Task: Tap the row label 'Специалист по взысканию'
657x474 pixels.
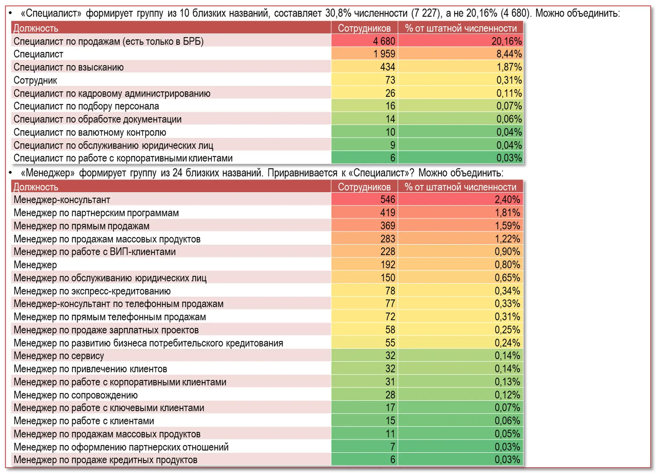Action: point(69,67)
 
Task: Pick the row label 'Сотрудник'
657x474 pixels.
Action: point(35,80)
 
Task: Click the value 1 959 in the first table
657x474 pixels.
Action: point(384,54)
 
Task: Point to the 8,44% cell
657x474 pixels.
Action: point(509,54)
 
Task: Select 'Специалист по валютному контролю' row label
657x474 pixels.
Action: point(90,132)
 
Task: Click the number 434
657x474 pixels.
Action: point(387,67)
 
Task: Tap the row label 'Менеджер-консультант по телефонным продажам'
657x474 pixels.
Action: point(119,304)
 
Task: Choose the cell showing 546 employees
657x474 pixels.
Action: point(387,199)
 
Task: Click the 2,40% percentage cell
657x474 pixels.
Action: point(507,199)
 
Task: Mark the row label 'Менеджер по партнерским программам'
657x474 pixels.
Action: point(96,213)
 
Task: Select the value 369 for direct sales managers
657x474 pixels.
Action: point(387,226)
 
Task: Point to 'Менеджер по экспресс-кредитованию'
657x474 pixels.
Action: point(92,291)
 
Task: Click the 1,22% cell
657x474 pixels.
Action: point(507,239)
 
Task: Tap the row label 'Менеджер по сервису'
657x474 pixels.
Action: point(59,356)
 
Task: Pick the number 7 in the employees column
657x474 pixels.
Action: point(393,447)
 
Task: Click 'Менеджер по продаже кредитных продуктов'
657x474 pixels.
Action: point(106,460)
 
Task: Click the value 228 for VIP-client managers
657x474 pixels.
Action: point(387,252)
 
